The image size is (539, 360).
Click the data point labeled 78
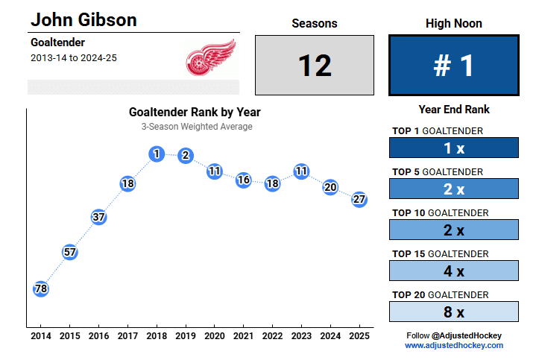41,288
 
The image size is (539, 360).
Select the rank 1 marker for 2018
157,154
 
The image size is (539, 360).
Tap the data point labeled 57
70,252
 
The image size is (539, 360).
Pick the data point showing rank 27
359,200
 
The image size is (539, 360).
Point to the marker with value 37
98,217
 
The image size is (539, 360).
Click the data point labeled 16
243,180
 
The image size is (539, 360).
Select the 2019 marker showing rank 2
186,156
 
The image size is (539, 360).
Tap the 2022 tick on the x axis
272,336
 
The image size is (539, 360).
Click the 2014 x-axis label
41,336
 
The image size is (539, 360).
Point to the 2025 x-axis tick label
359,336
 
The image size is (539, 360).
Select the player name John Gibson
83,19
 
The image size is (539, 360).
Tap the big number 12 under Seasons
314,66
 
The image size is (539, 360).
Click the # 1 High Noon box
453,66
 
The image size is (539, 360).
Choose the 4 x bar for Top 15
453,271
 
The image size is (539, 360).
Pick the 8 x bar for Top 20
453,312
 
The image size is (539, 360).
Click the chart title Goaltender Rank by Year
195,113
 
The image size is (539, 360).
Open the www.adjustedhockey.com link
453,346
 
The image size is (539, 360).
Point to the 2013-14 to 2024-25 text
74,57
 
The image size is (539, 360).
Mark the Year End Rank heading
453,110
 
